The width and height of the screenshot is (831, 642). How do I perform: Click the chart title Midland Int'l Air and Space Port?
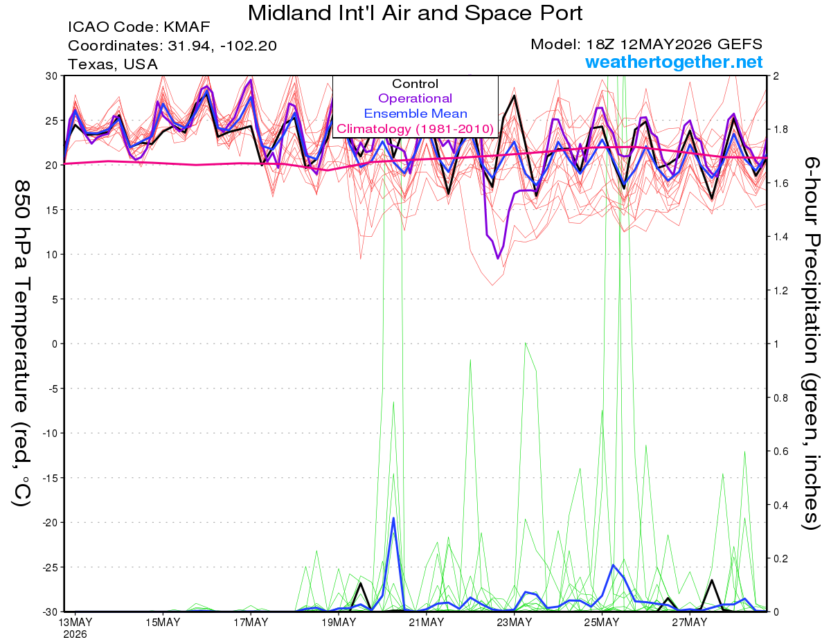(x=415, y=13)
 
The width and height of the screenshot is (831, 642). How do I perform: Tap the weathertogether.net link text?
(x=674, y=62)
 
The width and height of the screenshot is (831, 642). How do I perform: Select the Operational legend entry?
(x=415, y=98)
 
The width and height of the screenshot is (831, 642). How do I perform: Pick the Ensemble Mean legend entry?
(x=415, y=114)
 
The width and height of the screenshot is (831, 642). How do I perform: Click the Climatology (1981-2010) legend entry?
(x=415, y=129)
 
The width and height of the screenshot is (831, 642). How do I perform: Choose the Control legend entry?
(x=415, y=83)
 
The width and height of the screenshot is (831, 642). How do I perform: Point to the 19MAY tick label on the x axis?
(x=339, y=623)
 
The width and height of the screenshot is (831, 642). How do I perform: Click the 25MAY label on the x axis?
(x=602, y=623)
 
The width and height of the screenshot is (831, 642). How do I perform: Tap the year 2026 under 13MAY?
(x=75, y=635)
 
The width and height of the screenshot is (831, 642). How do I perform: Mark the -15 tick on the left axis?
(x=51, y=478)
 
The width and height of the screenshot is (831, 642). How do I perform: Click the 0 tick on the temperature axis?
(x=55, y=344)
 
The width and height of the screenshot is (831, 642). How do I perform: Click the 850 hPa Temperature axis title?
(x=22, y=344)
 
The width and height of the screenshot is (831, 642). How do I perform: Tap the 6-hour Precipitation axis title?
(x=811, y=344)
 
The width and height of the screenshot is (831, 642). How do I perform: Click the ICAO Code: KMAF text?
(x=138, y=27)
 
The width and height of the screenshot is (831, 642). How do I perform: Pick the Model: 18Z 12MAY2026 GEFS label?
(x=646, y=44)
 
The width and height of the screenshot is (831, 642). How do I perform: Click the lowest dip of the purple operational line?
(x=497, y=258)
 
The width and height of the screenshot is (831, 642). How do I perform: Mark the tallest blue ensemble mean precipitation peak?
(x=393, y=518)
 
